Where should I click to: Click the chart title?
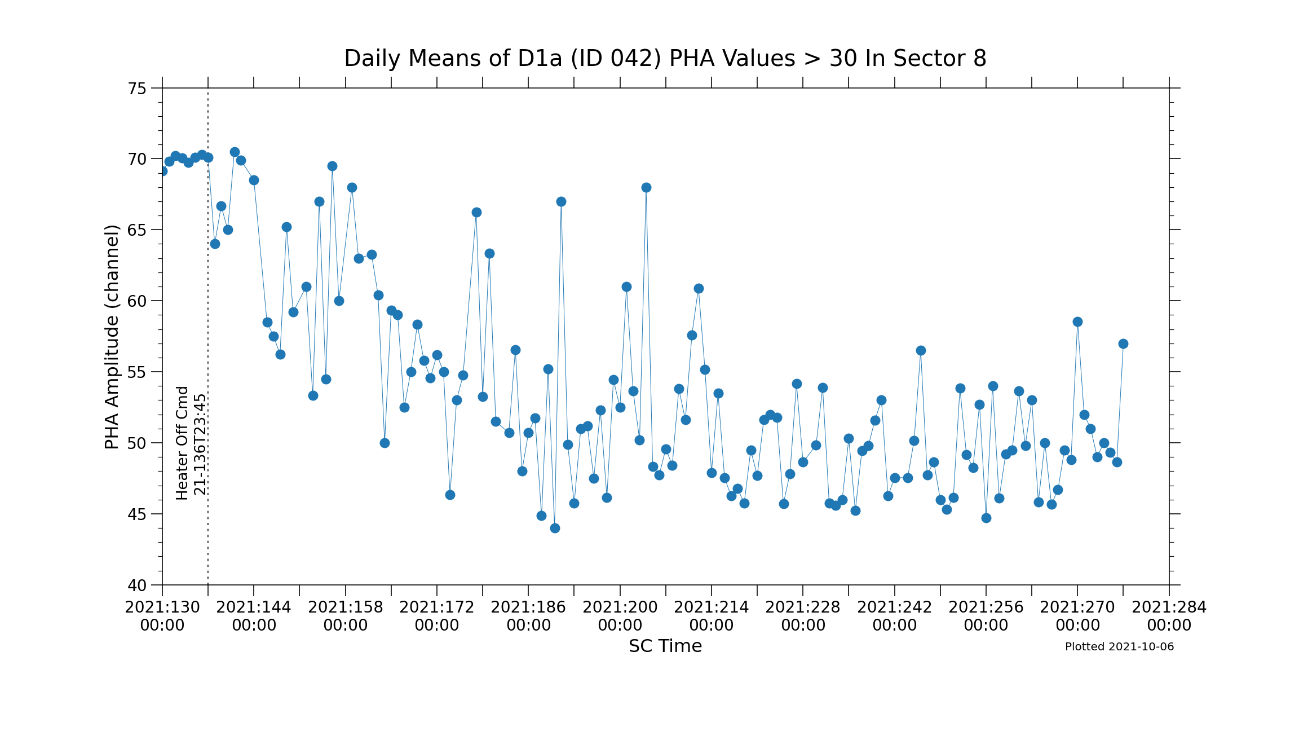tap(665, 59)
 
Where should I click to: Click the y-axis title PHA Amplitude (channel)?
tap(112, 337)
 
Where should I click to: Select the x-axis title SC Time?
tap(665, 646)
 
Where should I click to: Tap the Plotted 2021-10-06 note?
tap(1119, 647)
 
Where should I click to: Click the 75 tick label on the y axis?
tap(137, 89)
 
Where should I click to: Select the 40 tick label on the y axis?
tap(137, 585)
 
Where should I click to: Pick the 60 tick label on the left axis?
tap(137, 301)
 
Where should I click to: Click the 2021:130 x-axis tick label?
tap(162, 616)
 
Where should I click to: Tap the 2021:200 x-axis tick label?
tap(620, 616)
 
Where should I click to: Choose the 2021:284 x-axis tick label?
tap(1169, 616)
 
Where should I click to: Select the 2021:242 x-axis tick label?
tap(895, 616)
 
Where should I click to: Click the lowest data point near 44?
tap(555, 528)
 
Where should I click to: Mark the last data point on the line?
tap(1123, 344)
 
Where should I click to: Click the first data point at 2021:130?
tap(162, 171)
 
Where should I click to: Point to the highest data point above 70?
tap(235, 152)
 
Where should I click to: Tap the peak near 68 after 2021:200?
tap(646, 187)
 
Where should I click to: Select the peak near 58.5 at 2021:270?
tap(1077, 322)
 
